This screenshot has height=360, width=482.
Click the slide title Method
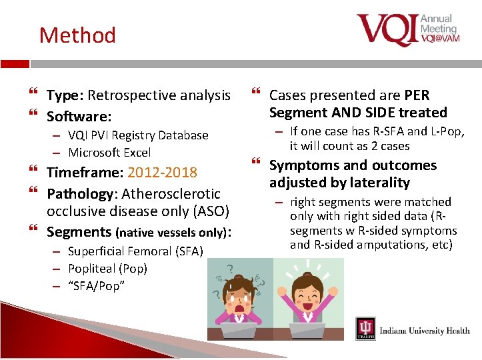pyautogui.click(x=77, y=35)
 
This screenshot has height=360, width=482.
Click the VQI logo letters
pyautogui.click(x=387, y=30)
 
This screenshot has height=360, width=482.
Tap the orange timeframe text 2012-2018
pyautogui.click(x=162, y=173)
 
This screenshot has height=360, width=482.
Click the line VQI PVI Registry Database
pyautogui.click(x=138, y=135)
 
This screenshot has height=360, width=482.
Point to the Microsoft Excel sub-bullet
pyautogui.click(x=109, y=153)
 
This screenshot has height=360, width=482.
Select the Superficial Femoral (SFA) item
pyautogui.click(x=135, y=251)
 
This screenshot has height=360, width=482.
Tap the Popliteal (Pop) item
pyautogui.click(x=107, y=269)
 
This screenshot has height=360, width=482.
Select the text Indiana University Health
pyautogui.click(x=424, y=331)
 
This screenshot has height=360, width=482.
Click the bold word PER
pyautogui.click(x=417, y=95)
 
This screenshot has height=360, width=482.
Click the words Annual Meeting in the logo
pyautogui.click(x=438, y=23)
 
